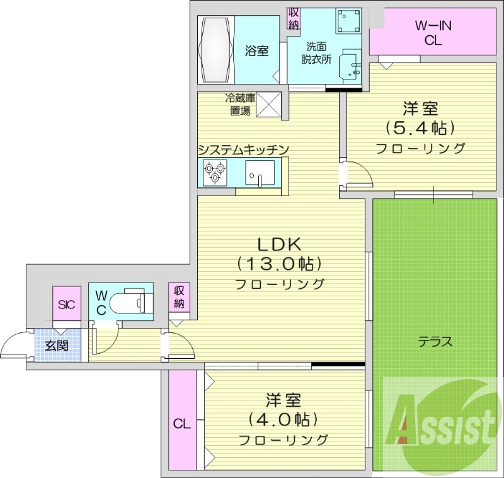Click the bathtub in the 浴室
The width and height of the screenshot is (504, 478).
[x=216, y=49]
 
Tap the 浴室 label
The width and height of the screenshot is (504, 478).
[x=256, y=52]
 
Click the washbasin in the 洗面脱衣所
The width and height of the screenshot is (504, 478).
[x=348, y=66]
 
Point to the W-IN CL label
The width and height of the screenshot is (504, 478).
[x=433, y=33]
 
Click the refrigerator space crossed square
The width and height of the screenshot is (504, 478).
[x=269, y=104]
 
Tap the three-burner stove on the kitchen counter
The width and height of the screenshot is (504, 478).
[x=215, y=172]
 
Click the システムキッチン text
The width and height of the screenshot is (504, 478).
[x=243, y=149]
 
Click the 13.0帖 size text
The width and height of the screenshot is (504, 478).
[x=280, y=263]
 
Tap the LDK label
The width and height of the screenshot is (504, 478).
[x=280, y=243]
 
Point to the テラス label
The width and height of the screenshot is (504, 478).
[x=435, y=342]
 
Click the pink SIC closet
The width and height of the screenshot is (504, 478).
[x=66, y=305]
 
